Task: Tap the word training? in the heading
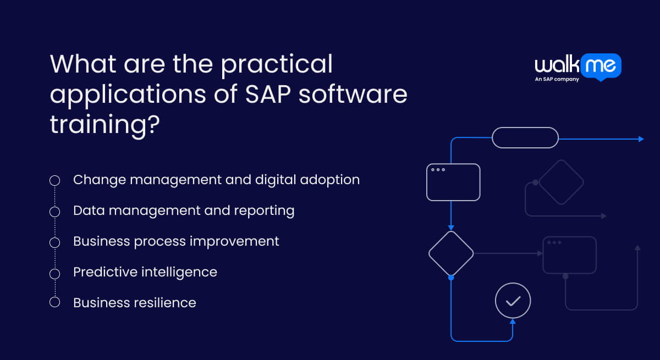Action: [105, 126]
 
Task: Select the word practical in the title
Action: [277, 64]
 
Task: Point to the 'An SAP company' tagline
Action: [557, 79]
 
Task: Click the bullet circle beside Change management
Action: [54, 180]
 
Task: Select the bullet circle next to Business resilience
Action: [54, 302]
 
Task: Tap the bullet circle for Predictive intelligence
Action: [54, 273]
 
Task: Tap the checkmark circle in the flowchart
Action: [513, 301]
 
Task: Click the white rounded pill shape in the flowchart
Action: [525, 137]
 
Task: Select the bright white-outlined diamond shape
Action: [451, 253]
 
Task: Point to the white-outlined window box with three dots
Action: [453, 182]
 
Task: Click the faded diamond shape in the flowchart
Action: [561, 182]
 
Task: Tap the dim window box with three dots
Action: [569, 254]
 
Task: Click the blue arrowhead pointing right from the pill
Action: [641, 139]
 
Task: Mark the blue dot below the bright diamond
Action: [451, 278]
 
